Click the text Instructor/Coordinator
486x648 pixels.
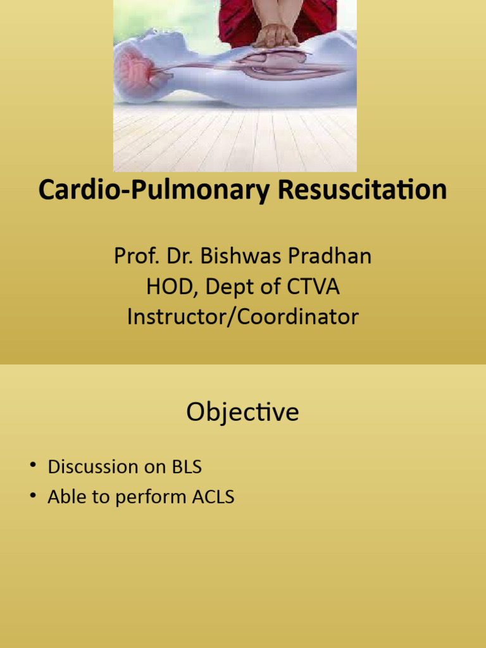coord(242,316)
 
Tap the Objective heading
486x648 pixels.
coord(242,413)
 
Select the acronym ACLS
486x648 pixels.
coord(213,497)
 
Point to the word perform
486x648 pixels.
coord(156,498)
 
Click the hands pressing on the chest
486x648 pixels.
coord(275,36)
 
